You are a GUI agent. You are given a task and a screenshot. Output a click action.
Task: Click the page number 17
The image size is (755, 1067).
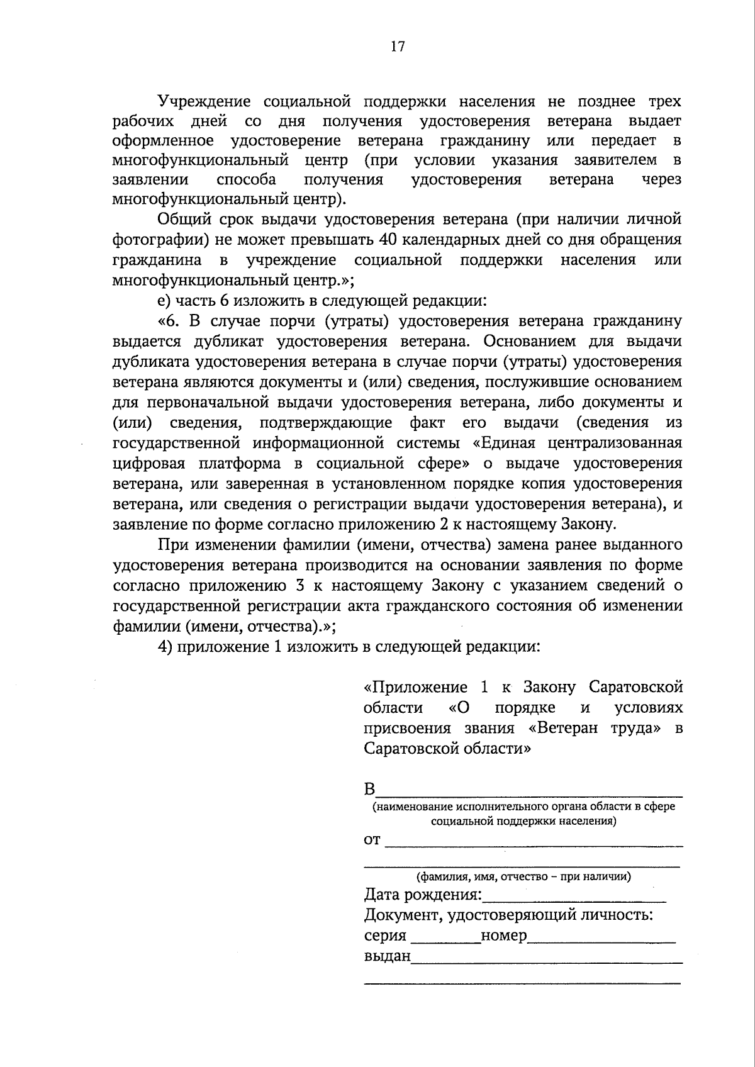(398, 47)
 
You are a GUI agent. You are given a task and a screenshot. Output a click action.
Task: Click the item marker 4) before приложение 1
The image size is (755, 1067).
(165, 647)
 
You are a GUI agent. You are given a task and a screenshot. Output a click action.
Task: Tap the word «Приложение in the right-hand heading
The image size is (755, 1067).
(416, 687)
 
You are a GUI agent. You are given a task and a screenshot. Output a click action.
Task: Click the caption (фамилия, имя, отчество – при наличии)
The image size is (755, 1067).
(523, 876)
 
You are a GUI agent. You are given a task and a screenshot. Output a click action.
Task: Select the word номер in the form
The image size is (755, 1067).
(503, 936)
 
